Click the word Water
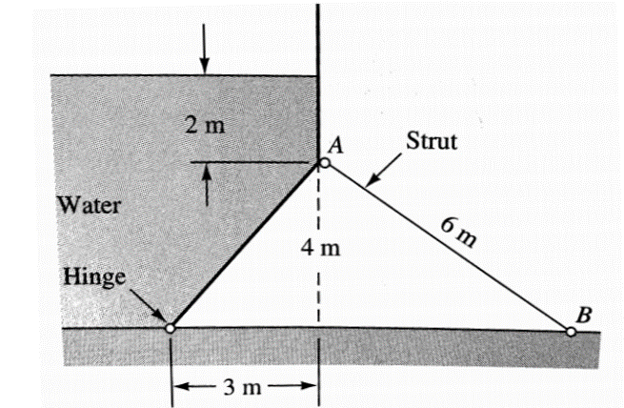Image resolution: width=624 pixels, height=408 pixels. point(87,205)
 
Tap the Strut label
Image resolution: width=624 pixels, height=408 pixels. point(432,142)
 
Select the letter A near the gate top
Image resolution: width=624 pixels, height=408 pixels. point(334,146)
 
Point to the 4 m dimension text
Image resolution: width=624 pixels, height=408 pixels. point(325,249)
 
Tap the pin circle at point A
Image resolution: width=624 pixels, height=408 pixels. point(325,163)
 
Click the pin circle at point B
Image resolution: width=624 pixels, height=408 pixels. point(571,332)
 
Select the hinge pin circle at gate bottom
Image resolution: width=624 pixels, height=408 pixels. point(170,328)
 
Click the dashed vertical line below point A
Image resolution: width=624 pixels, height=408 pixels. point(318,286)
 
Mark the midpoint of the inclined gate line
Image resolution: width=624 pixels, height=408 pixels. point(246,246)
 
